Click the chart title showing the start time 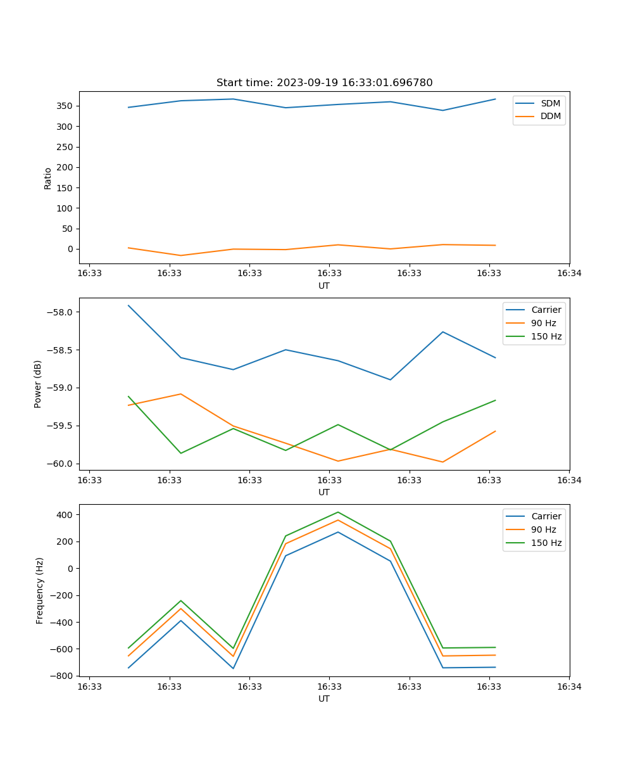coord(324,83)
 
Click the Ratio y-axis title coord(48,179)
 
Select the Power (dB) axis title coord(39,384)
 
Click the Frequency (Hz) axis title coord(40,590)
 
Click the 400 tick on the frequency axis coord(65,515)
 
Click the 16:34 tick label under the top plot coord(568,274)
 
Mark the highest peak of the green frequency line coord(337,512)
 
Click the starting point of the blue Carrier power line coord(128,305)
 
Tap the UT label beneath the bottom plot coord(324,699)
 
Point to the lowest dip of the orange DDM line coord(181,255)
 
